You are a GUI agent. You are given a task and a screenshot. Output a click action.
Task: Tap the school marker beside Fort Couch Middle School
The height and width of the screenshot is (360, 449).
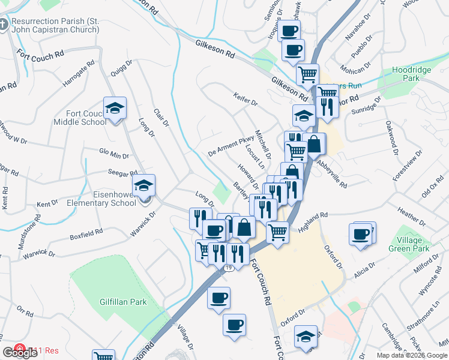click(115, 109)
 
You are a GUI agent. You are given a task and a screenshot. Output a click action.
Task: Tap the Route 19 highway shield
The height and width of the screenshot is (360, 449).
click(229, 268)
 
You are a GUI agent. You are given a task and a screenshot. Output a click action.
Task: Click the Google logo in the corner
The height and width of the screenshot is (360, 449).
click(20, 352)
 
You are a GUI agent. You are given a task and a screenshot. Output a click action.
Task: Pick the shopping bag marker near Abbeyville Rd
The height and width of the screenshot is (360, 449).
click(314, 144)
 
